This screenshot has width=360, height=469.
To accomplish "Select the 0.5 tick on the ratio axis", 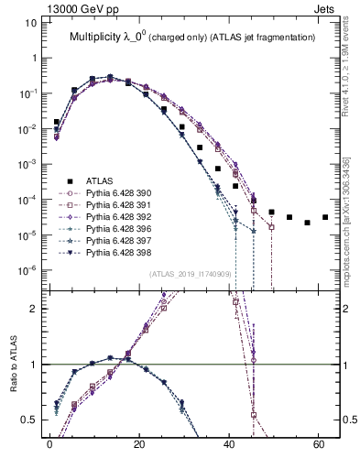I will (x=29, y=420).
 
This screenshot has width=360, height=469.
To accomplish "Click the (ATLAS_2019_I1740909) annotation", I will (x=189, y=273).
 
